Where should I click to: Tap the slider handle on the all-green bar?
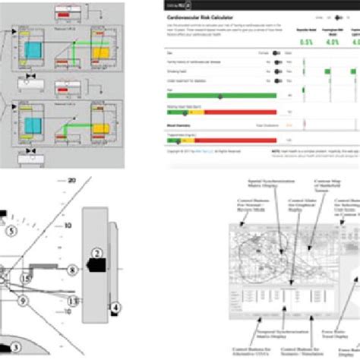coord(220,96)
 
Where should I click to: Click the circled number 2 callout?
coord(96,273)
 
